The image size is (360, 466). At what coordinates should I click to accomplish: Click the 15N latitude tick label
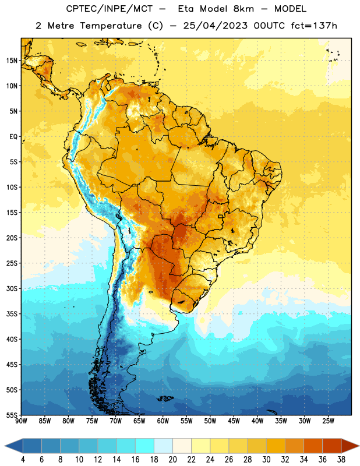click(x=12, y=61)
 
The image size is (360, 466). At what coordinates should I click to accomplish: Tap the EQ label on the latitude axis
click(x=13, y=137)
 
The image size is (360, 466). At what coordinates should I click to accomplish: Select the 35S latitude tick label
click(x=12, y=314)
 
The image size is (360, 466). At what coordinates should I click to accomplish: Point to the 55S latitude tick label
click(x=12, y=415)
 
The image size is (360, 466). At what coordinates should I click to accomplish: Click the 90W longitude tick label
click(x=21, y=421)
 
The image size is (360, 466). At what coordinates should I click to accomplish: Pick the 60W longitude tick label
click(x=163, y=421)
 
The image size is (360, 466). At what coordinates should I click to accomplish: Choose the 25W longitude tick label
click(x=328, y=421)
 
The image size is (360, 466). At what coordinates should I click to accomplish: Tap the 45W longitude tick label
click(x=234, y=421)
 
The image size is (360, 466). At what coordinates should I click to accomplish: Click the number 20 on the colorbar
click(x=172, y=460)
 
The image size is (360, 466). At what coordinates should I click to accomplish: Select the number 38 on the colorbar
click(x=341, y=460)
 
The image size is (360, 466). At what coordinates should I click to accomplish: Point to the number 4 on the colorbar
click(x=23, y=460)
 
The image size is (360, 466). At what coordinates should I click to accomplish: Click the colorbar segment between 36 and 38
click(x=332, y=446)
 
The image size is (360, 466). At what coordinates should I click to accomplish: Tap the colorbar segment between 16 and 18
click(x=145, y=446)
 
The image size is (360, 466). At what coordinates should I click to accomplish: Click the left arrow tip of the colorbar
click(x=5, y=446)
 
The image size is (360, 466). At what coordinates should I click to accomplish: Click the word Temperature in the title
click(x=111, y=26)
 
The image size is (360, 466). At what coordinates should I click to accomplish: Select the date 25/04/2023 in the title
click(x=215, y=26)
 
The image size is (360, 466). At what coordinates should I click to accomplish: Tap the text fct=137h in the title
click(x=314, y=26)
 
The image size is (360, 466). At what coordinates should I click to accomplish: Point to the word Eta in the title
click(x=186, y=9)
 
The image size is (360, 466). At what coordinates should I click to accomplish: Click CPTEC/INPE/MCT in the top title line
click(x=110, y=9)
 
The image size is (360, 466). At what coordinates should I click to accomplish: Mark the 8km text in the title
click(x=243, y=9)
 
